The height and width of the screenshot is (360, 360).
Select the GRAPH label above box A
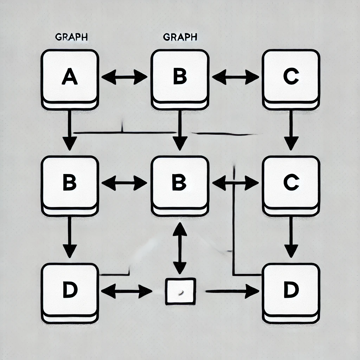[x=71, y=38]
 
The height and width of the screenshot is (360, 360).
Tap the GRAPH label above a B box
[x=180, y=37]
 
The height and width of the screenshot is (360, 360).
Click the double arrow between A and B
[x=124, y=77]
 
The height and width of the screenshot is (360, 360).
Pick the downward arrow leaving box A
[x=70, y=130]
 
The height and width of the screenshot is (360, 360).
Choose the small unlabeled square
[x=180, y=291]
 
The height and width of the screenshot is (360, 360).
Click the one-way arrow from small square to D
[x=232, y=291]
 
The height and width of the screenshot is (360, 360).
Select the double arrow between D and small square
[x=126, y=291]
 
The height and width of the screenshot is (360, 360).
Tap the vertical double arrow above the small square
[x=180, y=248]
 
